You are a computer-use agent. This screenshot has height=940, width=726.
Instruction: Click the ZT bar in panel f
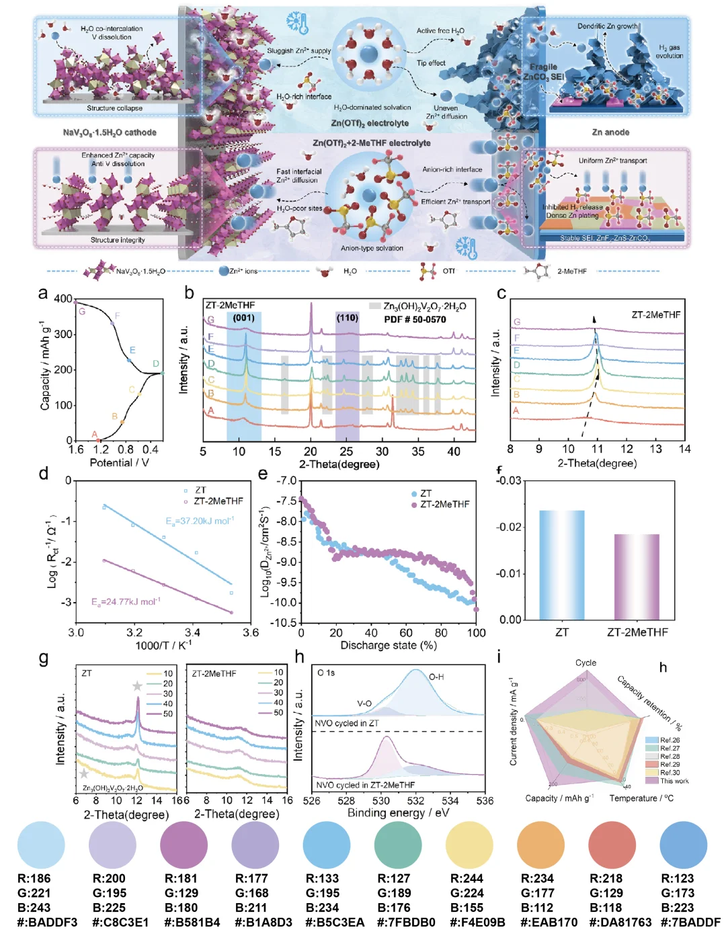pos(561,564)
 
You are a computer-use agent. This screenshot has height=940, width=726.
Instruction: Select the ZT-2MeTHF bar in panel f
pos(637,576)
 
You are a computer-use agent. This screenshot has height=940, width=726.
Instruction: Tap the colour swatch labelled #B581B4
pos(184,845)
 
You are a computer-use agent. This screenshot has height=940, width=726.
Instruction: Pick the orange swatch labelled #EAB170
pos(540,845)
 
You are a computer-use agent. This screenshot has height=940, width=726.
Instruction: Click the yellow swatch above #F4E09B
pos(469,845)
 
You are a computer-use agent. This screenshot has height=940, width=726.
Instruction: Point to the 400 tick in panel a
pos(63,298)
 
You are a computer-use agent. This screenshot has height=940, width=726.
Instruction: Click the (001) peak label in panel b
pos(243,318)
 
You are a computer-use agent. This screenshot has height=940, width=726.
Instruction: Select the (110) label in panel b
pos(347,318)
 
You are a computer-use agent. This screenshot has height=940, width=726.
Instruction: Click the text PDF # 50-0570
pos(415,319)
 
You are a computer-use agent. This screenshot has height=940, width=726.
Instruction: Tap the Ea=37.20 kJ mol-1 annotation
pos(200,521)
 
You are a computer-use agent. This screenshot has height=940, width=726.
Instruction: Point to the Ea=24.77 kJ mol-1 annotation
pos(126,601)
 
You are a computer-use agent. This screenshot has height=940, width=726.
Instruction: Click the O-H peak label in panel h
pos(436,677)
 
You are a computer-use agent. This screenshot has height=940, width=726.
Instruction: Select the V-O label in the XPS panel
pos(364,703)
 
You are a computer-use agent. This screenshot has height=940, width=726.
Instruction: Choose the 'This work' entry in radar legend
pos(674,781)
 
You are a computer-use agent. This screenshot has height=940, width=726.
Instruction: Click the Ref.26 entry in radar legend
pos(670,740)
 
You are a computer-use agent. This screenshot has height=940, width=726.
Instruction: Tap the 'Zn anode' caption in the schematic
pos(610,132)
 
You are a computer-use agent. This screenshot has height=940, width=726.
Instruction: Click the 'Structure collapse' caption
pos(114,108)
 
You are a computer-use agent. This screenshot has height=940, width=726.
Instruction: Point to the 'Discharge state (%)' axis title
pos(389,645)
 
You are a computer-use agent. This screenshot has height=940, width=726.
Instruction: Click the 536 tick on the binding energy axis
pos(485,800)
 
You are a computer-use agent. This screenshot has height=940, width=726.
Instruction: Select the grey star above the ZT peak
pos(137,686)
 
